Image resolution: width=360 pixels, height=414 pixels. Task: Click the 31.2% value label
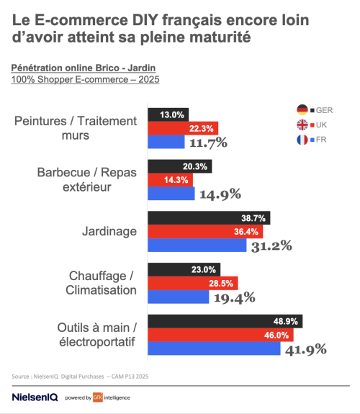272,246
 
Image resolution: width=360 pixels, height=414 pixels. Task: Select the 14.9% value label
220,194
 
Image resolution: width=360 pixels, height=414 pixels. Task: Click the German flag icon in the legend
302,109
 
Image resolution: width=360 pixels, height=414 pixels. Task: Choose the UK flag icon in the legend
302,124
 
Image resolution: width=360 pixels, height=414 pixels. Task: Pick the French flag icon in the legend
302,139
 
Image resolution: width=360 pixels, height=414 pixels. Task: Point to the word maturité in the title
216,36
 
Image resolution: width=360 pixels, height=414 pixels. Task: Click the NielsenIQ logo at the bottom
35,397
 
